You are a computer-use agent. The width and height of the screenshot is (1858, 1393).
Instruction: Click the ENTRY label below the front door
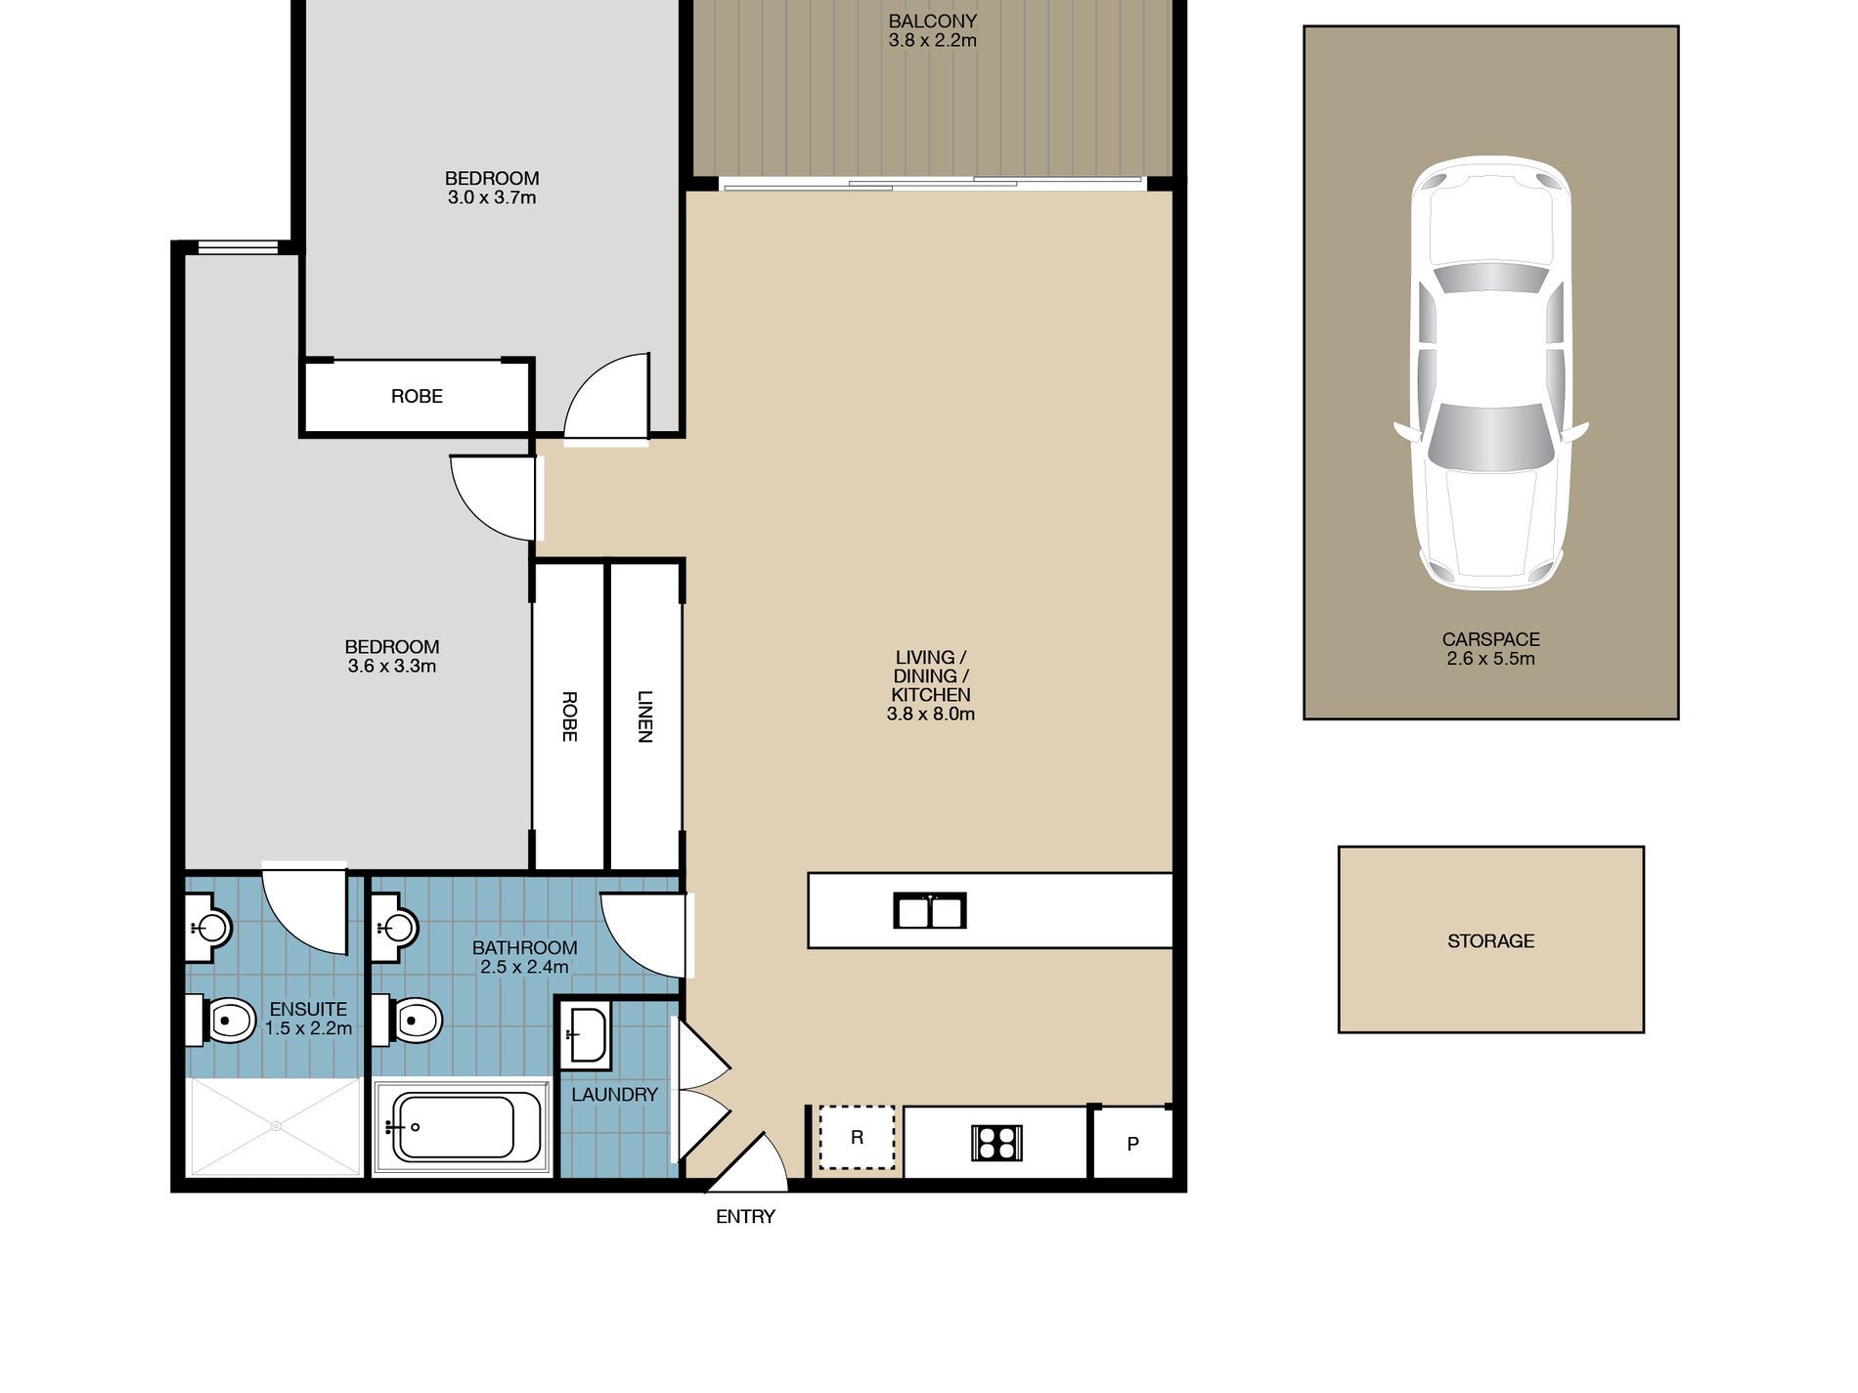[745, 1217]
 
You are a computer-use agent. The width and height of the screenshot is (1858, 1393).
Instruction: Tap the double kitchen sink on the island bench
[930, 911]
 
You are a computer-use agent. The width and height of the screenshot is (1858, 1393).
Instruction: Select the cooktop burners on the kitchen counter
[996, 1143]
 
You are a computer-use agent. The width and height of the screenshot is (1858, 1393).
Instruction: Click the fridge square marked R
[857, 1138]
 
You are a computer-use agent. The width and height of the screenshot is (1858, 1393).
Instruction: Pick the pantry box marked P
[1132, 1143]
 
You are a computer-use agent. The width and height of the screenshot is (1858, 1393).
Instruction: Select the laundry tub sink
[585, 1032]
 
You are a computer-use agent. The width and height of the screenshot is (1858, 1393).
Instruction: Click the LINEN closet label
[644, 717]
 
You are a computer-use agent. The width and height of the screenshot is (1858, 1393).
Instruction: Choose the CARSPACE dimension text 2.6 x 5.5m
[1490, 659]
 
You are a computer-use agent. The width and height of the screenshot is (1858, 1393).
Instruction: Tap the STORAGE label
[1490, 941]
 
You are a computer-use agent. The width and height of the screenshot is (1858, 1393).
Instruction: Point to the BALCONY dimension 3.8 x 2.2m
[932, 41]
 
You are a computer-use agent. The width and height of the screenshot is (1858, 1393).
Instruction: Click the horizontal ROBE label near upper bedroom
[417, 396]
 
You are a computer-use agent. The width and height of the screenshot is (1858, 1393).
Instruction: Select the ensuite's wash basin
[209, 927]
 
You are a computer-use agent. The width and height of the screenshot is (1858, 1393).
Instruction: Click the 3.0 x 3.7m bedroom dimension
[492, 197]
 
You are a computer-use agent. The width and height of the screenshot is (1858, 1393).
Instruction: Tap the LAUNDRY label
[614, 1095]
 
